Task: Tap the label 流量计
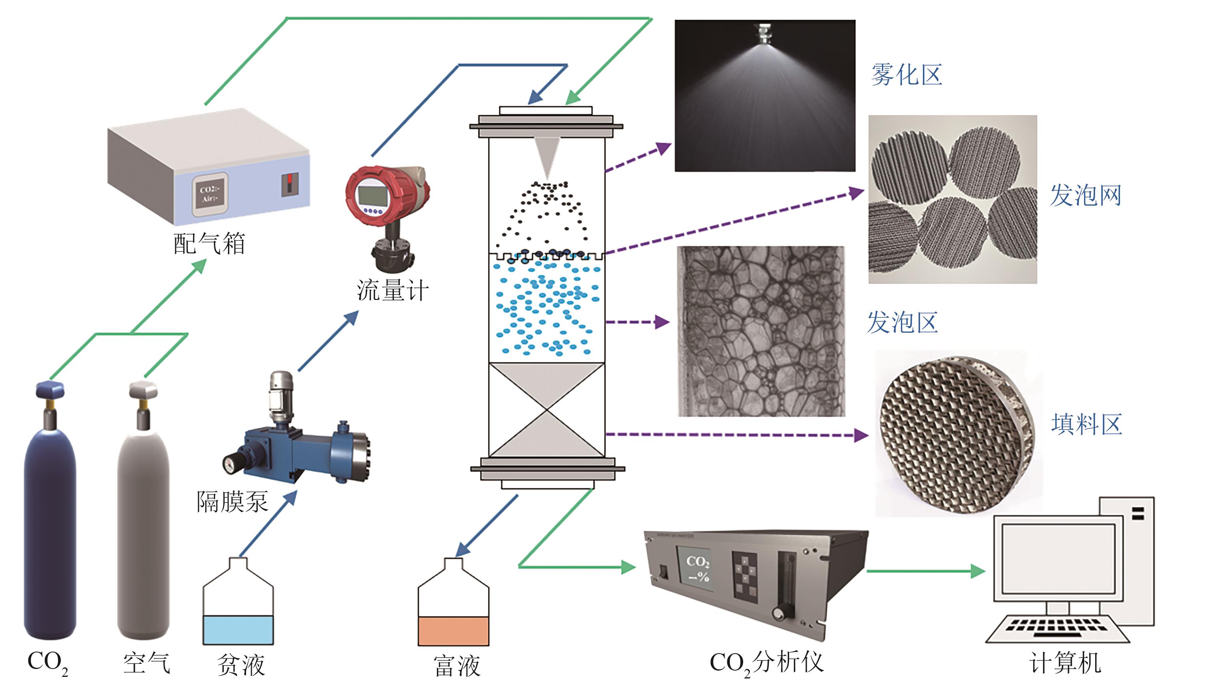[x=392, y=290]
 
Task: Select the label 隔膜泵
[x=232, y=501]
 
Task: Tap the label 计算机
[x=1065, y=663]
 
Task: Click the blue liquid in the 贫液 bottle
[x=238, y=630]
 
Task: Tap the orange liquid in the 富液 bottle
[x=453, y=631]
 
